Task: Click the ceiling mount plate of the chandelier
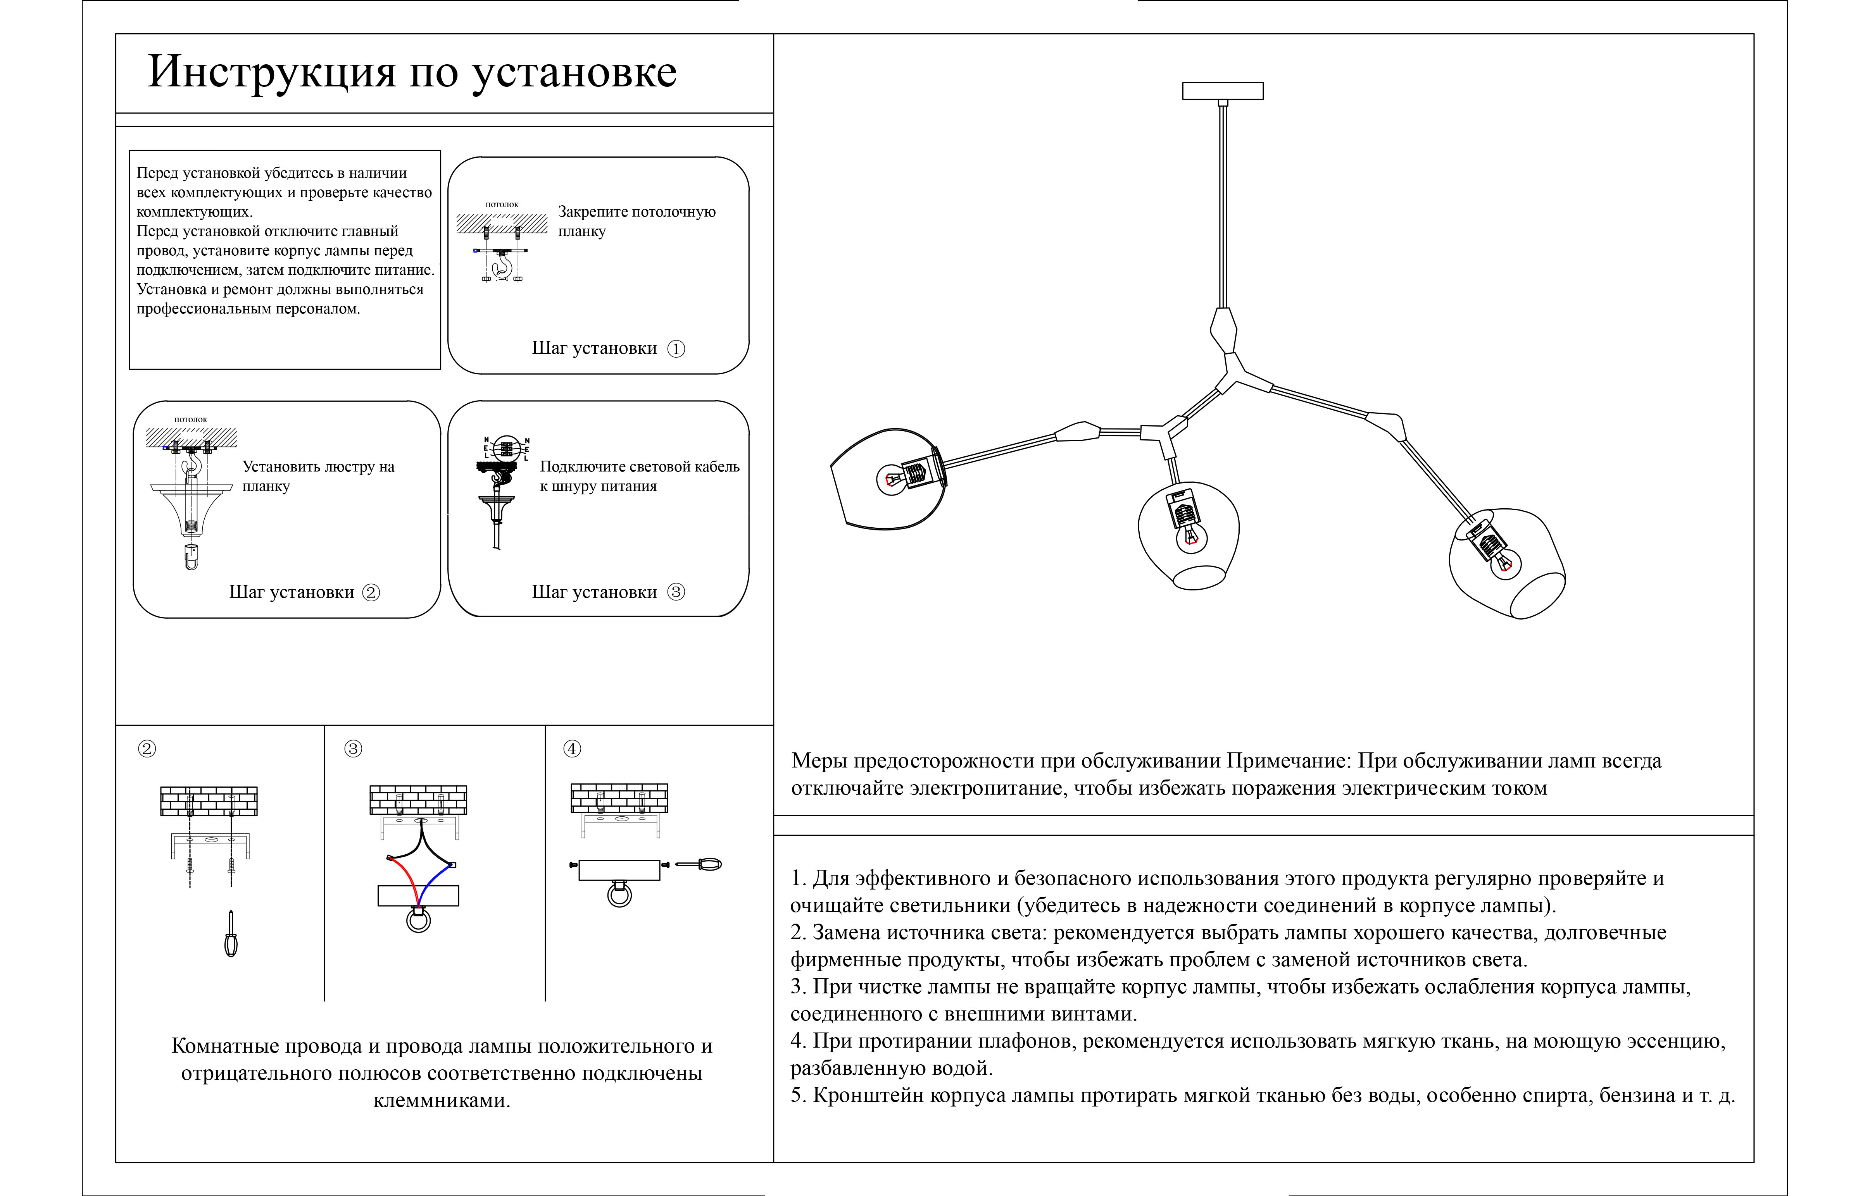pyautogui.click(x=1222, y=91)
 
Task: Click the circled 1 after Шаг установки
pyautogui.click(x=676, y=349)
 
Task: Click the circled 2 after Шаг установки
pyautogui.click(x=371, y=592)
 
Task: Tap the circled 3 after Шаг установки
pyautogui.click(x=676, y=592)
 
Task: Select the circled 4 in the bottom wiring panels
pyautogui.click(x=572, y=749)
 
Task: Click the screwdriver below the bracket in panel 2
pyautogui.click(x=231, y=936)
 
